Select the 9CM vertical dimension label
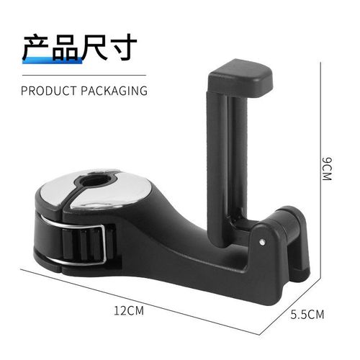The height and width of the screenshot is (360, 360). tap(332, 170)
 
